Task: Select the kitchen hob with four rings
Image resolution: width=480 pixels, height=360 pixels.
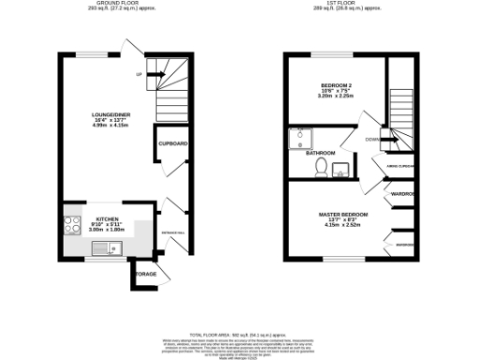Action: (x=73, y=225)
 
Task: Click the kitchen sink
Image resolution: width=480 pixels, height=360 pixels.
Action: (x=111, y=248)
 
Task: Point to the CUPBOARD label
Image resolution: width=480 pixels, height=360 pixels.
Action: (x=172, y=143)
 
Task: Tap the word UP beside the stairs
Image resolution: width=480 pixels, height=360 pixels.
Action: (x=139, y=74)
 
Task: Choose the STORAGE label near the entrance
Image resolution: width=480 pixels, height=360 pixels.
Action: (x=145, y=274)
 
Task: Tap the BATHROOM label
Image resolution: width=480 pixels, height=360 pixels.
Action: (x=320, y=153)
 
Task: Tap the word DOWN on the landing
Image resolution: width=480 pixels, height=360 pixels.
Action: (x=372, y=140)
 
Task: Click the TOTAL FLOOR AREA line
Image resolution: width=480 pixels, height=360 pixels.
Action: (x=240, y=335)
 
